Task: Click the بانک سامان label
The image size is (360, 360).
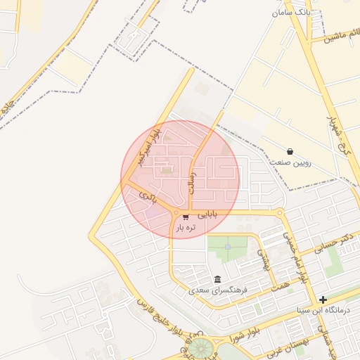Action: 290,13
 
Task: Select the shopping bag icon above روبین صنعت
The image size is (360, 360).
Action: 290,151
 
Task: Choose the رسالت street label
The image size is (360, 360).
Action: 191,180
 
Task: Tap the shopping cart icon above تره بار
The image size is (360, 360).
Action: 186,216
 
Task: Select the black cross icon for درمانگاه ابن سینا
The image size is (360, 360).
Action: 323,300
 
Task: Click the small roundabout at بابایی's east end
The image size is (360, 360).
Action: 280,212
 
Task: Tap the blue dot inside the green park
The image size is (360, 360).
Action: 228,247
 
